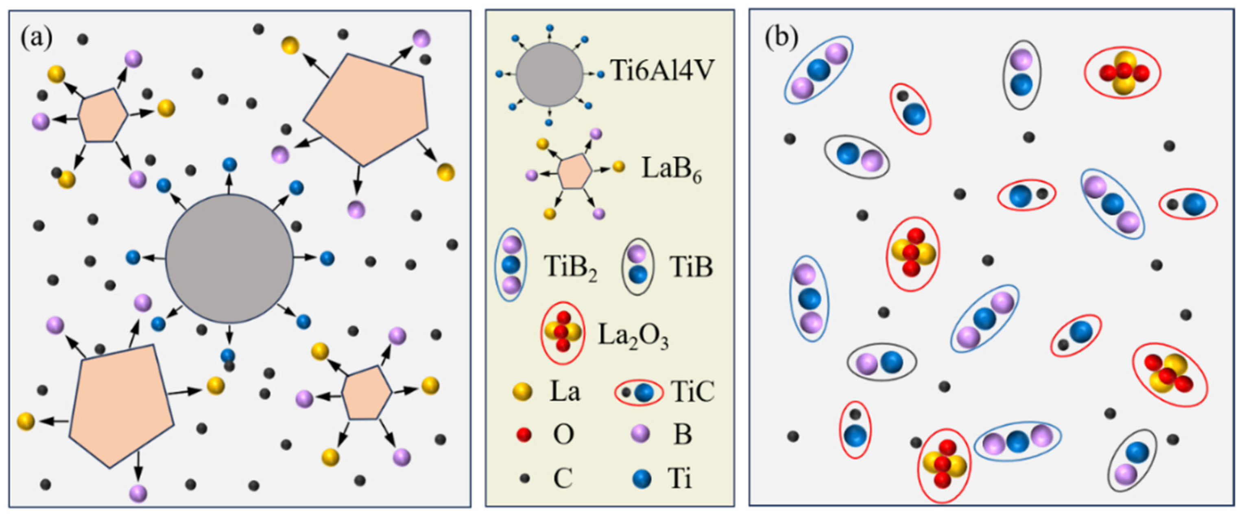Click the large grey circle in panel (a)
pos(229,258)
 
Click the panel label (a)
pos(36,38)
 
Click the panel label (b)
pos(781,38)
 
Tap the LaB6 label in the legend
pos(671,170)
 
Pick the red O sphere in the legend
pos(524,434)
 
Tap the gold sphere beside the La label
pos(522,392)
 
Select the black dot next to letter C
pos(524,478)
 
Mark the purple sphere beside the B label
pos(641,434)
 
